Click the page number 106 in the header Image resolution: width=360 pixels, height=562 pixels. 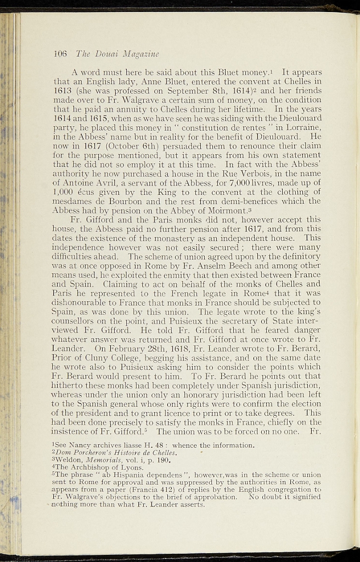click(60, 54)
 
